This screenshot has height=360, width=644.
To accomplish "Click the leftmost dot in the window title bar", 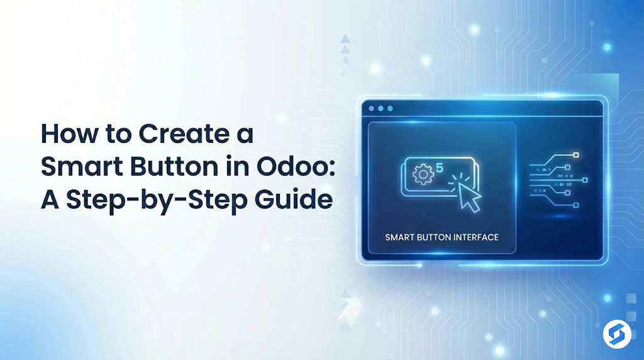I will [372, 109].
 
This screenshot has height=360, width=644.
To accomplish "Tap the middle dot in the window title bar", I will [381, 109].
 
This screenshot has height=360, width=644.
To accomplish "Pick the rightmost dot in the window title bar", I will [391, 109].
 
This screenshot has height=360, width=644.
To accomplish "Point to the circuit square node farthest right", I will [584, 180].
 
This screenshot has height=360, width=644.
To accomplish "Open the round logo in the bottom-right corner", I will [616, 334].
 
